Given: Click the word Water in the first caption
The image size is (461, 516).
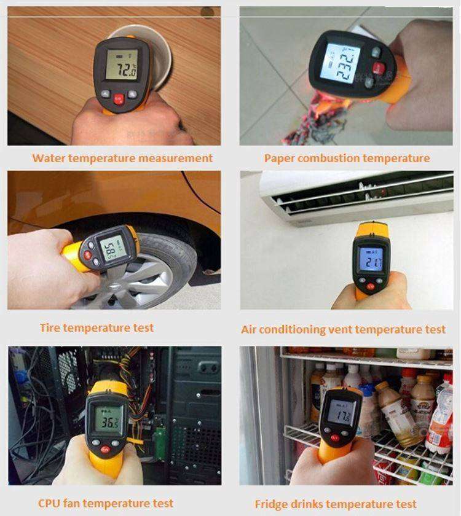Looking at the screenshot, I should (49, 158).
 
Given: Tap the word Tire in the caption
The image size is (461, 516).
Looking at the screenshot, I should (50, 327).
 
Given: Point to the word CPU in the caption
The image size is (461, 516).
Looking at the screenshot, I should (51, 503).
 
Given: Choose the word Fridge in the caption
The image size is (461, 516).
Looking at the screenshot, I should (272, 504).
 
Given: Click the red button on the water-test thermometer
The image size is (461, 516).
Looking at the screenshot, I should (117, 98).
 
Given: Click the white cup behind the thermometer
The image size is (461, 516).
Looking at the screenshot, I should (161, 52).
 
